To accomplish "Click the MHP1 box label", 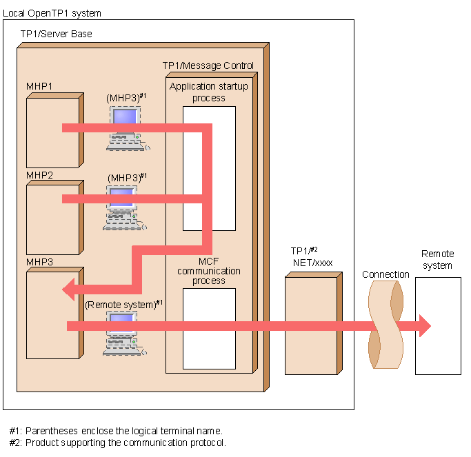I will [40, 86].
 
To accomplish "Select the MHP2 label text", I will [40, 175].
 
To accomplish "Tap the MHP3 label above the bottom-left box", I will [40, 262].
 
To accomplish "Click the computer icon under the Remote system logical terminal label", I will [125, 334].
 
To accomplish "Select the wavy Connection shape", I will [385, 324].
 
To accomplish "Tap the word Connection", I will [385, 274].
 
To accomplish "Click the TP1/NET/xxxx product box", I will [310, 324].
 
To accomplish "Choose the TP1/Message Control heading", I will [208, 65].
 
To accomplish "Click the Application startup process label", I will [208, 92].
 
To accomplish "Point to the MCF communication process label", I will [209, 272].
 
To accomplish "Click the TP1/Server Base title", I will [56, 34].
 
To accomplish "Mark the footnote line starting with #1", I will [116, 431].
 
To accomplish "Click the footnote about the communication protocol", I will [118, 443].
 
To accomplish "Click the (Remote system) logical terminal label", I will [124, 303].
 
